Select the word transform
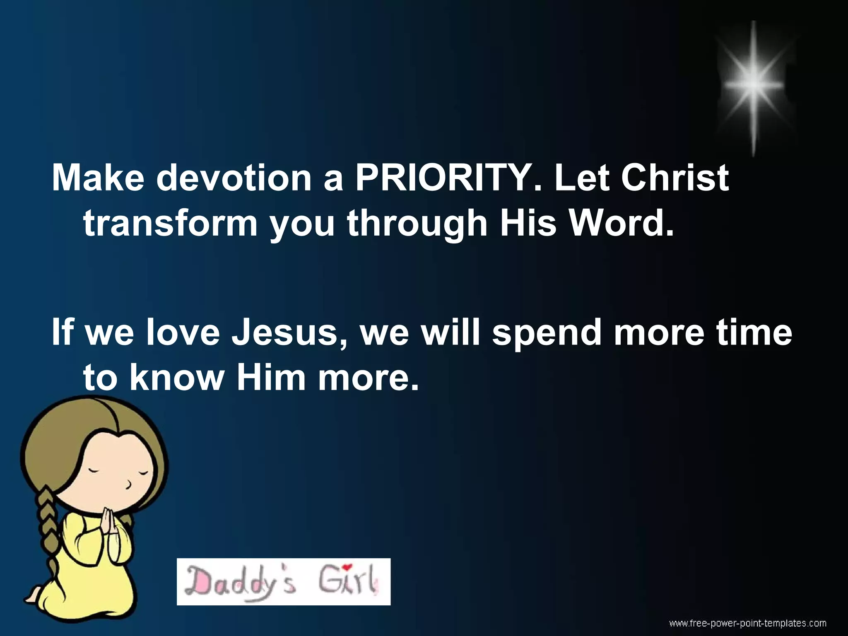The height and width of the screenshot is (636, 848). click(x=170, y=223)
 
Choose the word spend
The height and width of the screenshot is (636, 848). click(x=547, y=334)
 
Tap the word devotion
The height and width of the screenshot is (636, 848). click(x=234, y=178)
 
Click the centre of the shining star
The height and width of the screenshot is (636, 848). click(x=754, y=85)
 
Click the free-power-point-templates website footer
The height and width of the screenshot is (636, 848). click(x=748, y=623)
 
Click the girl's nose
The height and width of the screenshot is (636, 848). click(x=129, y=484)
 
